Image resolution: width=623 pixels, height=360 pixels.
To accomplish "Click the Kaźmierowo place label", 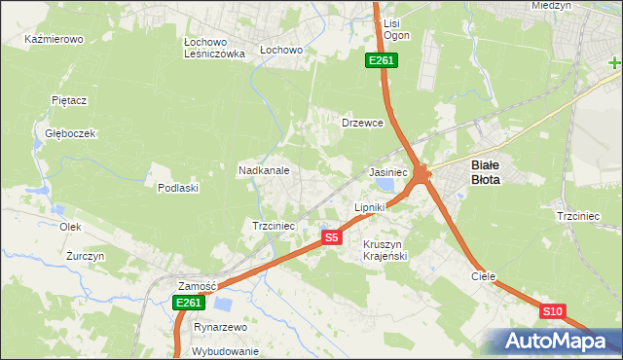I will pyautogui.click(x=55, y=40).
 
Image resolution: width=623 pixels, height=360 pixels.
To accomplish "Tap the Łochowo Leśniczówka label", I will pyautogui.click(x=213, y=48).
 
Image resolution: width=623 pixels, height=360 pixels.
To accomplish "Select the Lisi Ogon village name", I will pyautogui.click(x=396, y=29).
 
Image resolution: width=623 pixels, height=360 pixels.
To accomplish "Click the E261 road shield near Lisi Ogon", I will pyautogui.click(x=380, y=61).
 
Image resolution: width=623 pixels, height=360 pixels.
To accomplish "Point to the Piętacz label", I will pyautogui.click(x=70, y=100).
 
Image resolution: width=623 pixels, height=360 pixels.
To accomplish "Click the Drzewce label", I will pyautogui.click(x=362, y=124).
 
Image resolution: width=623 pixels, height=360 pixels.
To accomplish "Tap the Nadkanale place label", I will pyautogui.click(x=264, y=170).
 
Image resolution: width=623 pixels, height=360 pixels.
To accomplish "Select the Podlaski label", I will pyautogui.click(x=178, y=188).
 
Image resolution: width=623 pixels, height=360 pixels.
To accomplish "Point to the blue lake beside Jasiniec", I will pyautogui.click(x=386, y=183).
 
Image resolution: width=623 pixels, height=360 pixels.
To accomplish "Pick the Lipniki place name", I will pyautogui.click(x=370, y=207).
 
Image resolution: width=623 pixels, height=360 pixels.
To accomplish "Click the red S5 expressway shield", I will pyautogui.click(x=332, y=237).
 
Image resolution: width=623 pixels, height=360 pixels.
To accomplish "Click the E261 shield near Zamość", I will pyautogui.click(x=189, y=304).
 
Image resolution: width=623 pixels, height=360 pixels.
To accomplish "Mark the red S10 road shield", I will pyautogui.click(x=552, y=311).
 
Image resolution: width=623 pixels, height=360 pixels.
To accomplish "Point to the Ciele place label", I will pyautogui.click(x=484, y=276).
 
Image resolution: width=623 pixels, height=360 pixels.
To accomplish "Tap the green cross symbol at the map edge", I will pyautogui.click(x=615, y=63).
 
